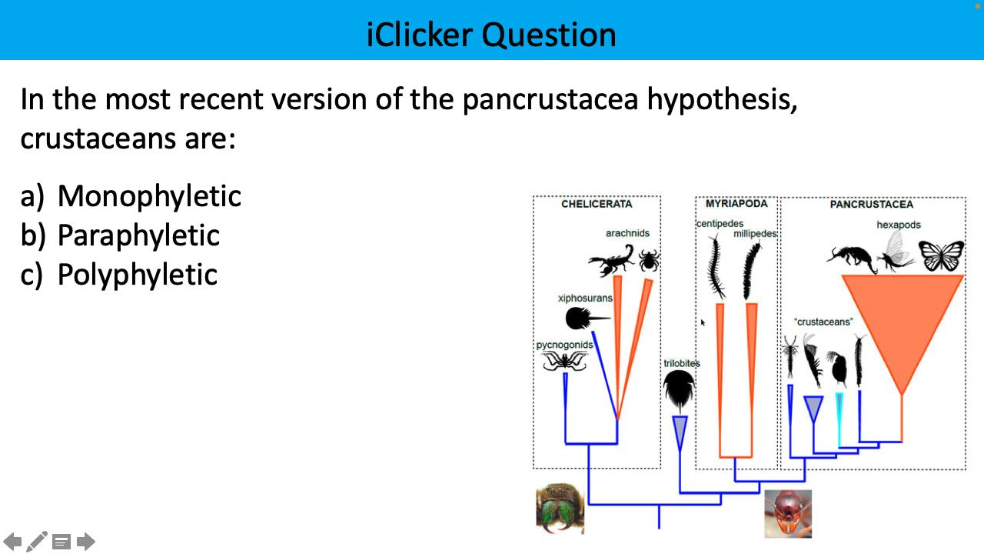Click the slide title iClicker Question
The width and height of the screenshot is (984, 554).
[x=491, y=35]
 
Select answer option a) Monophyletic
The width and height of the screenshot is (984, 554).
[x=131, y=196]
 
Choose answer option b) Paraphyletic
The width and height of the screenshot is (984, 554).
[x=120, y=235]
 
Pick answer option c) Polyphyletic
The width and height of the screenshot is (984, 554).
[x=119, y=275]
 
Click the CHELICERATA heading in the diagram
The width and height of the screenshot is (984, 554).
[x=597, y=204]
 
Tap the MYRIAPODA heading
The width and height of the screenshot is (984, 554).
[x=736, y=204]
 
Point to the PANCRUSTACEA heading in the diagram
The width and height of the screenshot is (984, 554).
[x=871, y=204]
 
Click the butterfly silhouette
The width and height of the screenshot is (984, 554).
[x=941, y=255]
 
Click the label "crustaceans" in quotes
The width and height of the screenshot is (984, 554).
[x=823, y=322]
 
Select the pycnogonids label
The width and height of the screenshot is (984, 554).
[x=564, y=345]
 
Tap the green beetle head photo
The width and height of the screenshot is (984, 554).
[x=560, y=509]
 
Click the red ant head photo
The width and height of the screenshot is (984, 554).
[x=788, y=513]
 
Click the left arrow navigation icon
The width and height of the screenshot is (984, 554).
[x=13, y=542]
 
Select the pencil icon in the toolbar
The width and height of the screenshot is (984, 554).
[x=37, y=542]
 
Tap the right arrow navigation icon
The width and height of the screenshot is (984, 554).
[x=86, y=542]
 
